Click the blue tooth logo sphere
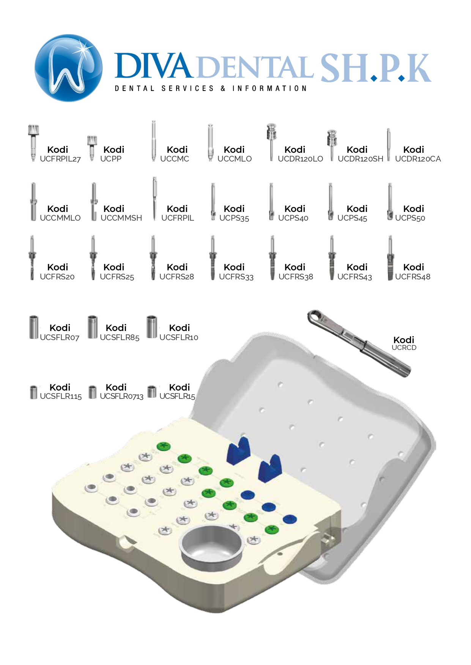(68, 68)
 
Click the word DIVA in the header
(152, 66)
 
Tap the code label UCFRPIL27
(60, 159)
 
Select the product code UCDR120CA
(418, 159)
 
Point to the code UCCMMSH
(121, 218)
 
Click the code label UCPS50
(410, 218)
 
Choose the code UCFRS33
(236, 277)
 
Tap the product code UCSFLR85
(120, 337)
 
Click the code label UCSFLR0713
(121, 397)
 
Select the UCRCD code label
(404, 348)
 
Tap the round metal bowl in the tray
(212, 544)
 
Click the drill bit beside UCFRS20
(32, 258)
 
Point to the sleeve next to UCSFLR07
(34, 327)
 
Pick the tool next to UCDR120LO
(271, 142)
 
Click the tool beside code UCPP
(92, 148)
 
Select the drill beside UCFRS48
(390, 258)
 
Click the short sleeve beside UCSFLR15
(152, 392)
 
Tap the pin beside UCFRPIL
(154, 199)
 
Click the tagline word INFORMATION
(269, 88)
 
